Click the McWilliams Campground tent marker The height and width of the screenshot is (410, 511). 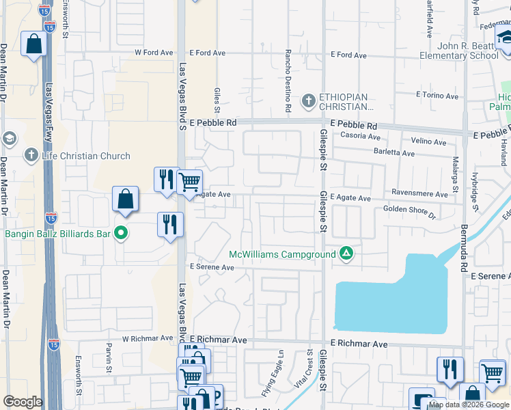347,254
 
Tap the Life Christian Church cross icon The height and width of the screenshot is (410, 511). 31,156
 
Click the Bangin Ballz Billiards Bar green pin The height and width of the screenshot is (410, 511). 122,234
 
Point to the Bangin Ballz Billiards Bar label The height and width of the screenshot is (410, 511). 58,234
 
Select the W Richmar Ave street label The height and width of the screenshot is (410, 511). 148,338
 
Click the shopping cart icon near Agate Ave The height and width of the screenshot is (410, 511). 189,182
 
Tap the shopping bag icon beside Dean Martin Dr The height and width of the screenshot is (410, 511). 33,44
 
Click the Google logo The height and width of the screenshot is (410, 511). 23,402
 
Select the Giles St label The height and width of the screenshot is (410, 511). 217,99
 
